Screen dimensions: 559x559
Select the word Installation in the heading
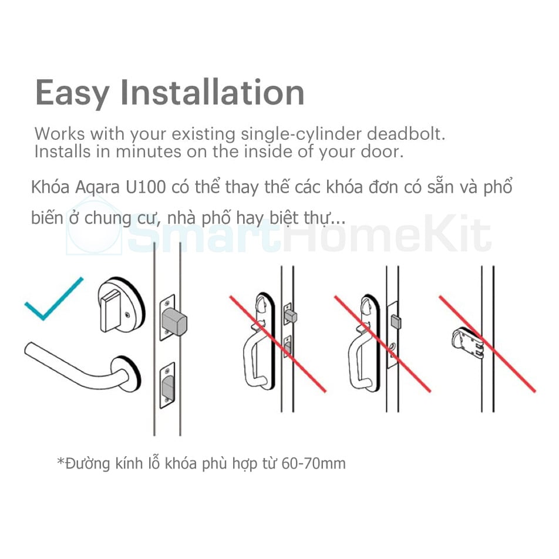point(213,93)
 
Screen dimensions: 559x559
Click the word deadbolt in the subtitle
point(406,134)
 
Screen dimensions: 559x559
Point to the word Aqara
point(97,188)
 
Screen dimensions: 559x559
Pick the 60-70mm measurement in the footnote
point(314,464)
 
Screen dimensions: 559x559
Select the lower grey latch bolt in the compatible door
point(169,388)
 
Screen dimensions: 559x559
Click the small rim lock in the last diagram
point(467,344)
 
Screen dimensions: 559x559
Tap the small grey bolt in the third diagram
point(396,322)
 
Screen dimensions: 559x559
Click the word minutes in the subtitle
point(149,152)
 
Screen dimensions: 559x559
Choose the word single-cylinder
point(301,134)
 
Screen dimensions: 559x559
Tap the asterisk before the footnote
point(60,462)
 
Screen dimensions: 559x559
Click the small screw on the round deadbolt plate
point(128,315)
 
